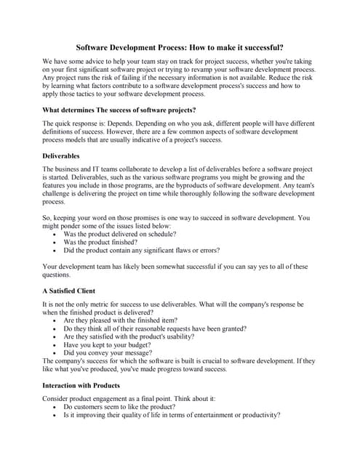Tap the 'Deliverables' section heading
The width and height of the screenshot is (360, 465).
click(61, 155)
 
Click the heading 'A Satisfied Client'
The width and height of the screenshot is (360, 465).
click(68, 291)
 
